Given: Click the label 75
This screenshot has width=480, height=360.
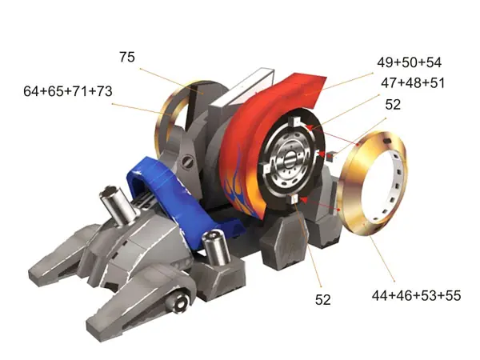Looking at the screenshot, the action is [x=126, y=57].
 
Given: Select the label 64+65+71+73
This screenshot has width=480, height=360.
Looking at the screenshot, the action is [x=68, y=91].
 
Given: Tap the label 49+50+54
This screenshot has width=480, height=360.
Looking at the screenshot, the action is [x=409, y=62].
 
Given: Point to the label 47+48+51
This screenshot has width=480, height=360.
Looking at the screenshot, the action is [x=412, y=83].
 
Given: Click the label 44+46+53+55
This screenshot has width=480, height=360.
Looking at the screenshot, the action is [x=416, y=296].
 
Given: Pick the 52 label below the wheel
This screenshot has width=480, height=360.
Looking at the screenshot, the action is [x=323, y=300].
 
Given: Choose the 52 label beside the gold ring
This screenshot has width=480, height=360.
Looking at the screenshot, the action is [x=393, y=105].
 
